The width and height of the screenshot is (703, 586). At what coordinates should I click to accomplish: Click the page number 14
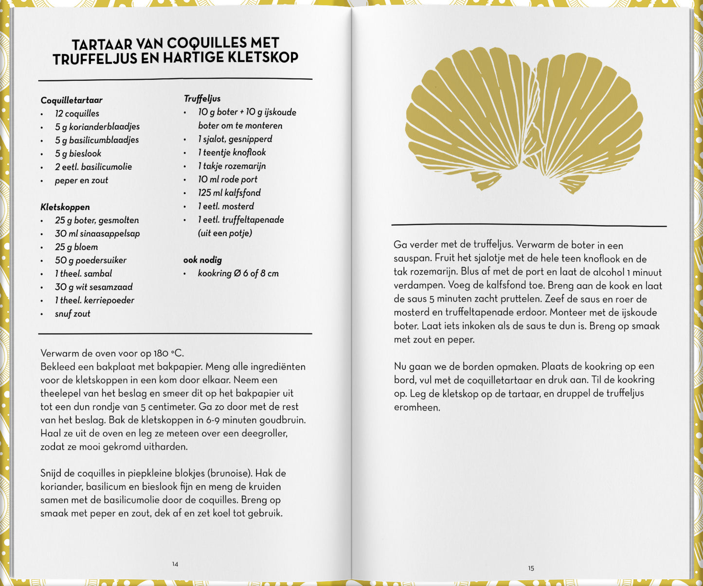pyautogui.click(x=175, y=564)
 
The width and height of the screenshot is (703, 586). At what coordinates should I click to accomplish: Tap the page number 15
pyautogui.click(x=531, y=568)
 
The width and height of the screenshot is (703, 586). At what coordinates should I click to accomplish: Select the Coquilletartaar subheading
pyautogui.click(x=72, y=100)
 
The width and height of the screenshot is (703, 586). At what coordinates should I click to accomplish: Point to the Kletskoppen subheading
pyautogui.click(x=65, y=207)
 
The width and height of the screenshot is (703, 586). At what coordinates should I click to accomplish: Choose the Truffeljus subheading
pyautogui.click(x=202, y=99)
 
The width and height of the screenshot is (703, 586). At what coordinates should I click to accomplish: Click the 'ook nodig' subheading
pyautogui.click(x=202, y=260)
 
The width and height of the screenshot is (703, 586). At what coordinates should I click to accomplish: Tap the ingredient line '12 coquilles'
pyautogui.click(x=77, y=114)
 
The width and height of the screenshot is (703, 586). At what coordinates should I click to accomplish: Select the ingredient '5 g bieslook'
pyautogui.click(x=78, y=154)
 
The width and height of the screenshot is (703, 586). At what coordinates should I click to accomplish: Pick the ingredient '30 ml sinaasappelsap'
pyautogui.click(x=97, y=234)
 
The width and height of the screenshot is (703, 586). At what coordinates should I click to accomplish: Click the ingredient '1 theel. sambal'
pyautogui.click(x=83, y=274)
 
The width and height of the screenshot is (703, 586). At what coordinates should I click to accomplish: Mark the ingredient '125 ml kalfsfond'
pyautogui.click(x=229, y=193)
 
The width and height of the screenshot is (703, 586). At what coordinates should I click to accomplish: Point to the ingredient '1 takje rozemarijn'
pyautogui.click(x=232, y=166)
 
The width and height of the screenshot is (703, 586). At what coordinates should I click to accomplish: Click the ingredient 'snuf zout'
pyautogui.click(x=72, y=314)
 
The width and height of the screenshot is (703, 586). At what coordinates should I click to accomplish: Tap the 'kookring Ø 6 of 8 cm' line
pyautogui.click(x=238, y=274)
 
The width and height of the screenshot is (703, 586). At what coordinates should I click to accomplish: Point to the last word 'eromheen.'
pyautogui.click(x=417, y=407)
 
